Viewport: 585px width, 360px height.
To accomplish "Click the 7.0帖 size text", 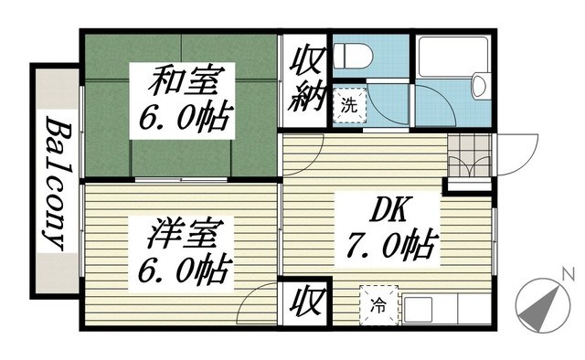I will pos(390,245).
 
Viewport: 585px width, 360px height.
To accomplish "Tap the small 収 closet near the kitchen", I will pos(303,302).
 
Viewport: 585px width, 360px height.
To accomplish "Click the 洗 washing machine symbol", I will pos(348,103).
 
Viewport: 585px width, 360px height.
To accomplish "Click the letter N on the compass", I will pos(568,273).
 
